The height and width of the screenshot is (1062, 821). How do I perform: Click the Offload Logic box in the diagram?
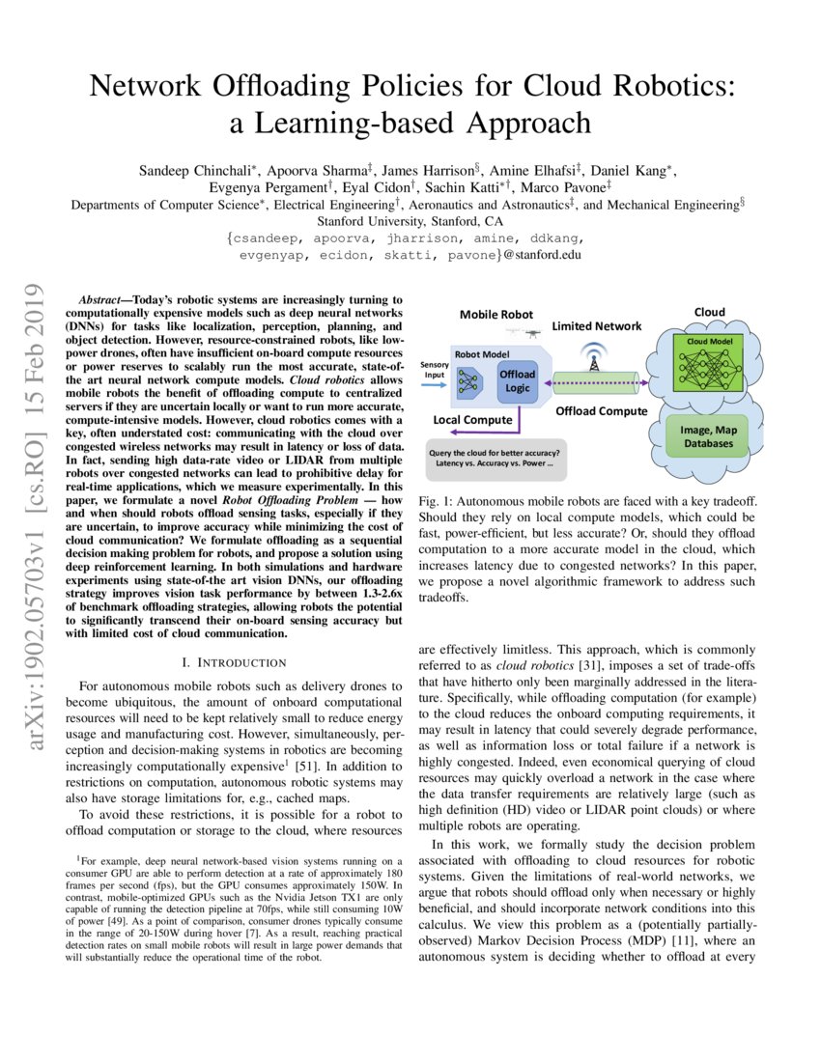(516, 380)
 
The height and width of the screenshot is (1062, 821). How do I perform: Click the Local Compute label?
(472, 420)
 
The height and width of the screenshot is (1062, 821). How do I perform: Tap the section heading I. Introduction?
(234, 662)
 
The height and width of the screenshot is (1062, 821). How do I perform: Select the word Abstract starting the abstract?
(103, 301)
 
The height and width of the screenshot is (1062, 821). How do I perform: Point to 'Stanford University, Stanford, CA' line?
(410, 220)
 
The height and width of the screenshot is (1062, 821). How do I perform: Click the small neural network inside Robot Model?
(469, 382)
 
